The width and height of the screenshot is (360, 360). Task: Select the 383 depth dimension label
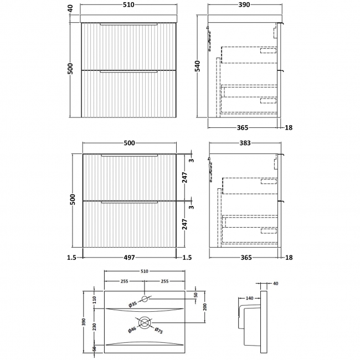tap(244, 143)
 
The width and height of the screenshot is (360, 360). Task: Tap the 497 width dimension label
tap(128, 258)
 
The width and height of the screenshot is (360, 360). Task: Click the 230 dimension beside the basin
tap(94, 327)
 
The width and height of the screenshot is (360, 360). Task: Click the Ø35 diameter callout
tap(133, 304)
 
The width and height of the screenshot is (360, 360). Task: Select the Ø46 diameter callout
tap(132, 330)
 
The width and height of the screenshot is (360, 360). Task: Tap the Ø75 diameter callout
tap(159, 331)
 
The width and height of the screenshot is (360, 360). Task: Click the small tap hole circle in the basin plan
tap(145, 300)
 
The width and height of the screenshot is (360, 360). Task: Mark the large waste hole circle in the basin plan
tap(145, 322)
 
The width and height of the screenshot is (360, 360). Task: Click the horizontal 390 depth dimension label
tap(244, 5)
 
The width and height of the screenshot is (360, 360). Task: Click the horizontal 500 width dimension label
tap(128, 143)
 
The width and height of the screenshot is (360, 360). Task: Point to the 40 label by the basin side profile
tap(276, 284)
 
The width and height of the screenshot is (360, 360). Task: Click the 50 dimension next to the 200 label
tap(195, 294)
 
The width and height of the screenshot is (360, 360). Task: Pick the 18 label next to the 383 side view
tap(289, 258)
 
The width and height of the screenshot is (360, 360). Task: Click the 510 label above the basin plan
tap(145, 271)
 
